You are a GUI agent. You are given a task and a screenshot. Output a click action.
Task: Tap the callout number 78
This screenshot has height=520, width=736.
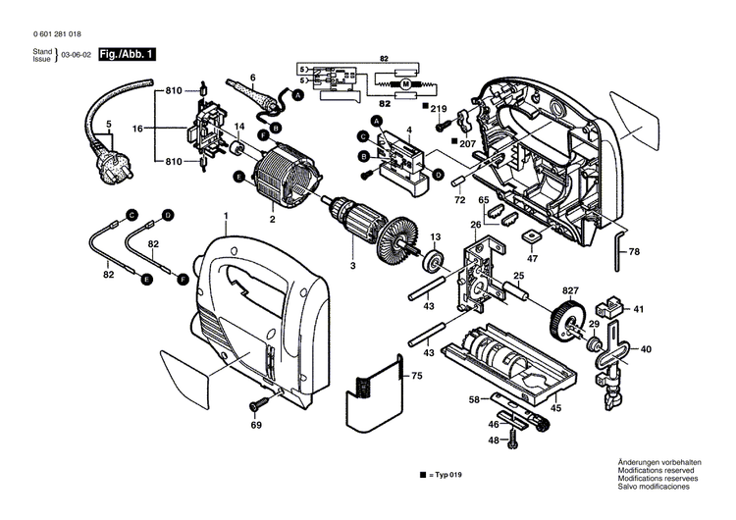click(x=634, y=252)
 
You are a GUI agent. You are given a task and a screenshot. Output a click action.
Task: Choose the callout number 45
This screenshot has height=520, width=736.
click(x=554, y=408)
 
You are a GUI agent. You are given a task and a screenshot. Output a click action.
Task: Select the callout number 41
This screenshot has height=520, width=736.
click(x=638, y=309)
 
